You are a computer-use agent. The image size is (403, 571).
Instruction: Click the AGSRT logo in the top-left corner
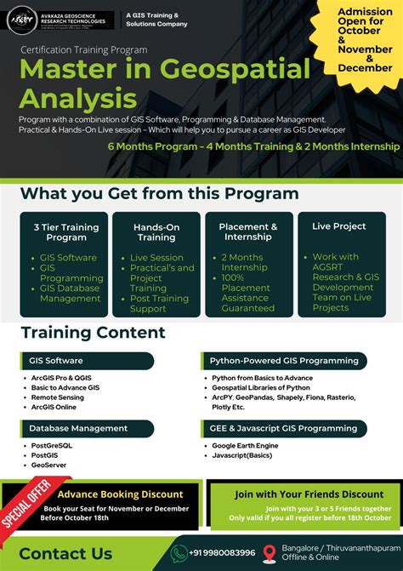pos(20,20)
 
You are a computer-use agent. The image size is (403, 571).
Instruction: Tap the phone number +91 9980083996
pos(223,552)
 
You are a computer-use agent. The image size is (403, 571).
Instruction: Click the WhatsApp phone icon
pos(179,552)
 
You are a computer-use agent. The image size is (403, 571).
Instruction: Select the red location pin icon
pos(270,552)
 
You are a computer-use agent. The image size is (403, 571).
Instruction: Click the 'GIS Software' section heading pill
pos(59,360)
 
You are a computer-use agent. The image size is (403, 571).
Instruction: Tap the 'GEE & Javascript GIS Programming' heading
pos(283,428)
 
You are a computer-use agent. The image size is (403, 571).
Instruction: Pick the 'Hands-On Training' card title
pos(156,232)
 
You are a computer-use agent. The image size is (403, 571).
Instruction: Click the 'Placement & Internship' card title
pos(248,232)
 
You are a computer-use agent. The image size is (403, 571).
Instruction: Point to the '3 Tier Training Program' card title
pos(66,232)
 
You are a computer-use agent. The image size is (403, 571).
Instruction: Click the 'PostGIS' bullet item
pos(45,455)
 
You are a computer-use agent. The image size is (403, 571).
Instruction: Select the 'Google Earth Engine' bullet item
pos(246,445)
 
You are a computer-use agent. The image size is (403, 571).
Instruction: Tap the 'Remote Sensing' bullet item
pos(59,397)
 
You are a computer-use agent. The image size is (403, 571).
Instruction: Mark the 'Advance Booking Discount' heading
pos(120,494)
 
